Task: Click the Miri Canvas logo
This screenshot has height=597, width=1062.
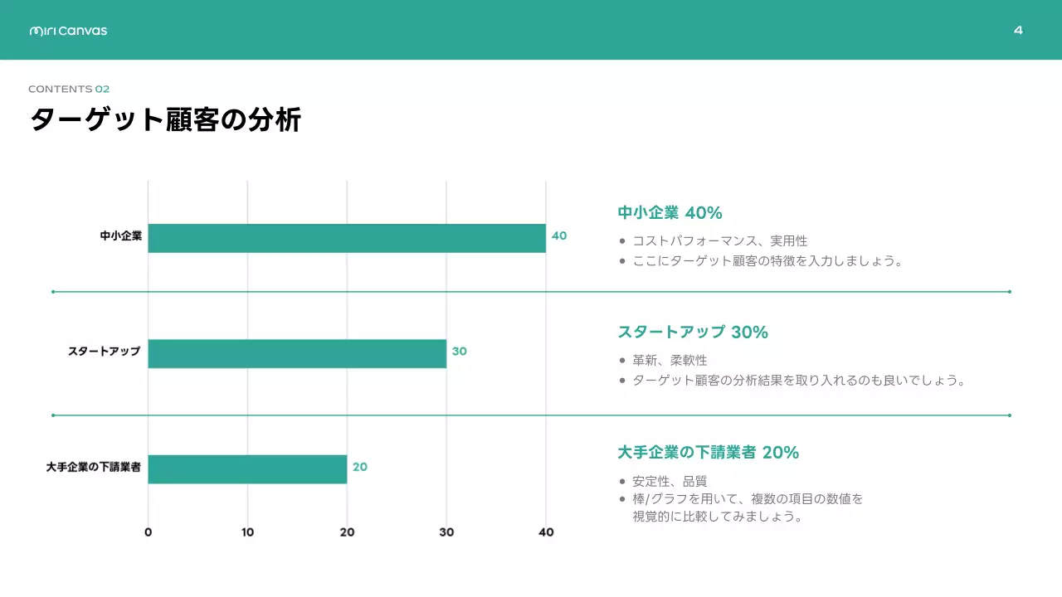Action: [68, 31]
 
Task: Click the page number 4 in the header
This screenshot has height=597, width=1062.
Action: [1018, 31]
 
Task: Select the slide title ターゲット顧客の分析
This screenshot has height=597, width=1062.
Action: [165, 120]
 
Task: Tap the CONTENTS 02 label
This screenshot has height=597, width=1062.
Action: [69, 89]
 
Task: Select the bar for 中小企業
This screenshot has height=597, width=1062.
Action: [347, 238]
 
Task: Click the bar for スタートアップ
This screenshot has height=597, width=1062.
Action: [297, 353]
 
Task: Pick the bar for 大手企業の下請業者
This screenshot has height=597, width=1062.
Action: [247, 468]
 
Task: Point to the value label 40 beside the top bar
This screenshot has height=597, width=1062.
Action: [559, 235]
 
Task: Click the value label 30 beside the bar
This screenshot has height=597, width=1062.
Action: [459, 351]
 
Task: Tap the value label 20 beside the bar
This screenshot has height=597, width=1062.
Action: [359, 467]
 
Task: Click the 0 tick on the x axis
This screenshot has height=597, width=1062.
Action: [148, 532]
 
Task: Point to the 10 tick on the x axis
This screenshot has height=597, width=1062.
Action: [247, 532]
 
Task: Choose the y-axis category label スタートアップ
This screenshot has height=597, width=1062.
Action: [104, 352]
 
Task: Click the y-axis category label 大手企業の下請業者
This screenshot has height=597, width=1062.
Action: [93, 468]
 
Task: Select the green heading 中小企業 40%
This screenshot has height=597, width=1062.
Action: [670, 213]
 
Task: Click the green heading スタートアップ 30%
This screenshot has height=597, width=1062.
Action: [693, 332]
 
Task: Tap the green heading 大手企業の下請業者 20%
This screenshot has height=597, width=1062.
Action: [708, 453]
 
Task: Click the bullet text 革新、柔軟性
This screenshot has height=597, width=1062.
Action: [670, 361]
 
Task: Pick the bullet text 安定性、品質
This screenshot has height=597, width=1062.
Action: [670, 481]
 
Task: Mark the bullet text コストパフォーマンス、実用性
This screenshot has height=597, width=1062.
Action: [719, 241]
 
